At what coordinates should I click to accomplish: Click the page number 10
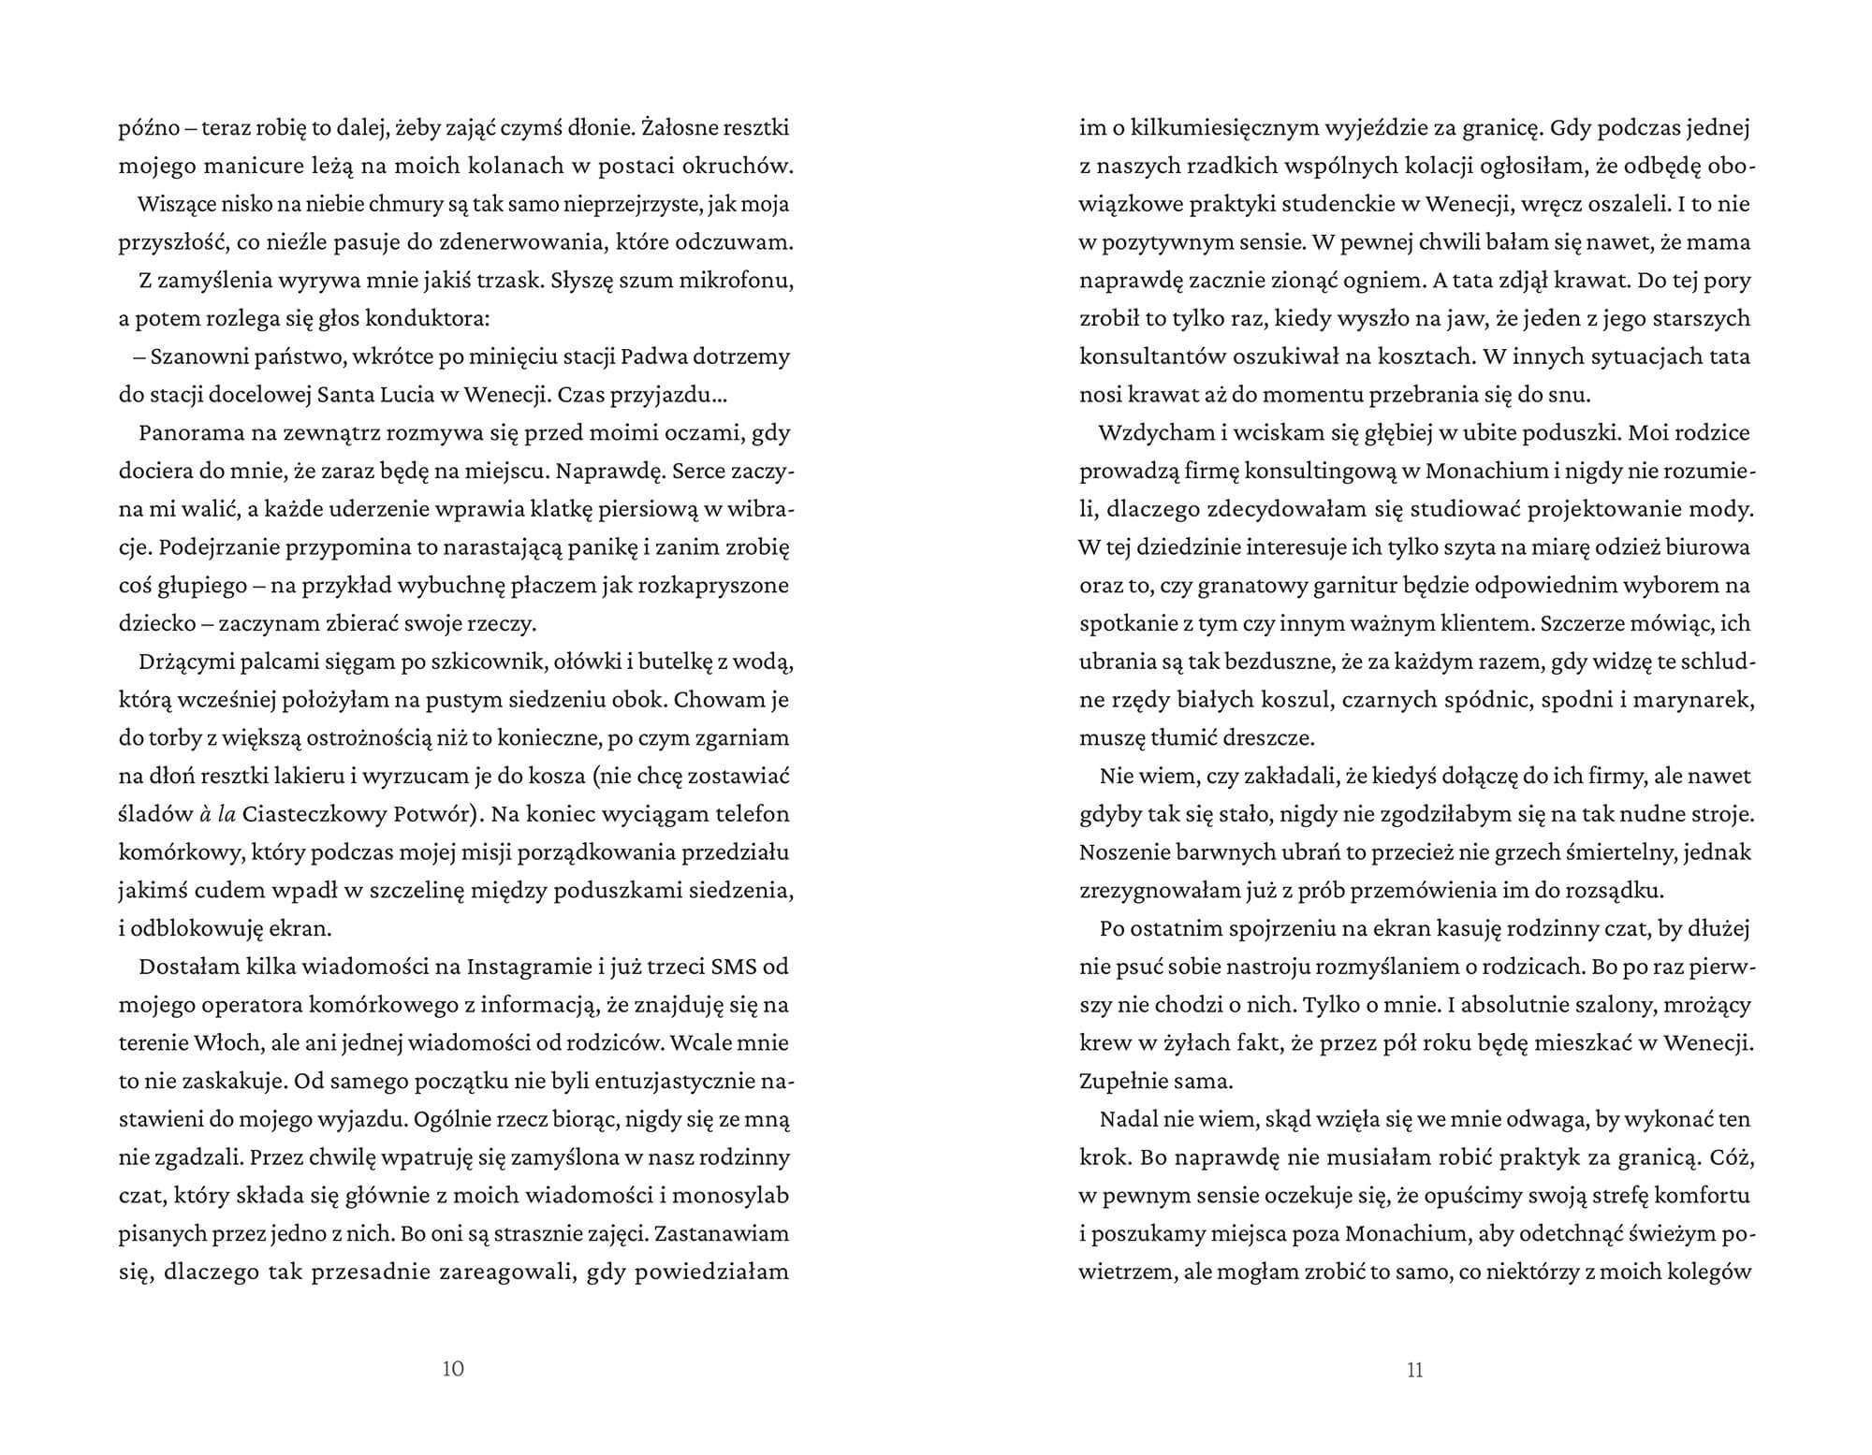point(452,1369)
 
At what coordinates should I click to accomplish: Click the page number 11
point(1414,1370)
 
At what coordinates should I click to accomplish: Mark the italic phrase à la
point(215,814)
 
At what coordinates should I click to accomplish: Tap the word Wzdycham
point(1148,432)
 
